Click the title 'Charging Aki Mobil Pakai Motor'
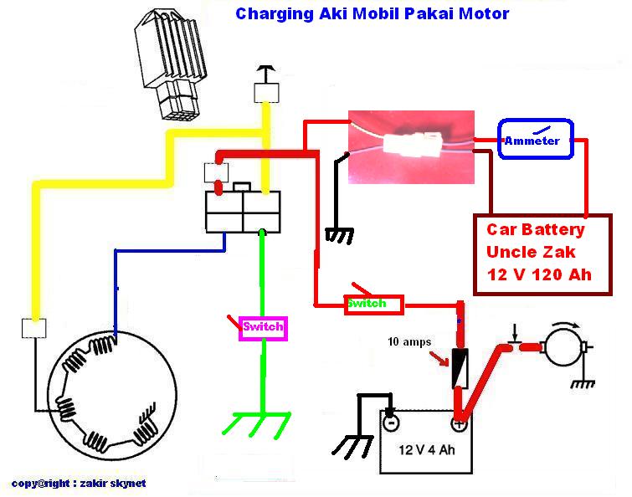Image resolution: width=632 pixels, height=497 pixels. point(372,14)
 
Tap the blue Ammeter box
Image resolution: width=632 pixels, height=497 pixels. point(532,140)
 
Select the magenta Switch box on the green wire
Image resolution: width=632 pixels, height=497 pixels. point(264,327)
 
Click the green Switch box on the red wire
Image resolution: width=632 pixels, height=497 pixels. point(373,304)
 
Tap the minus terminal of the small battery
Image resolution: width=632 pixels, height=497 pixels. point(391,423)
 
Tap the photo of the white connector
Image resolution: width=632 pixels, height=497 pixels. point(411,147)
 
